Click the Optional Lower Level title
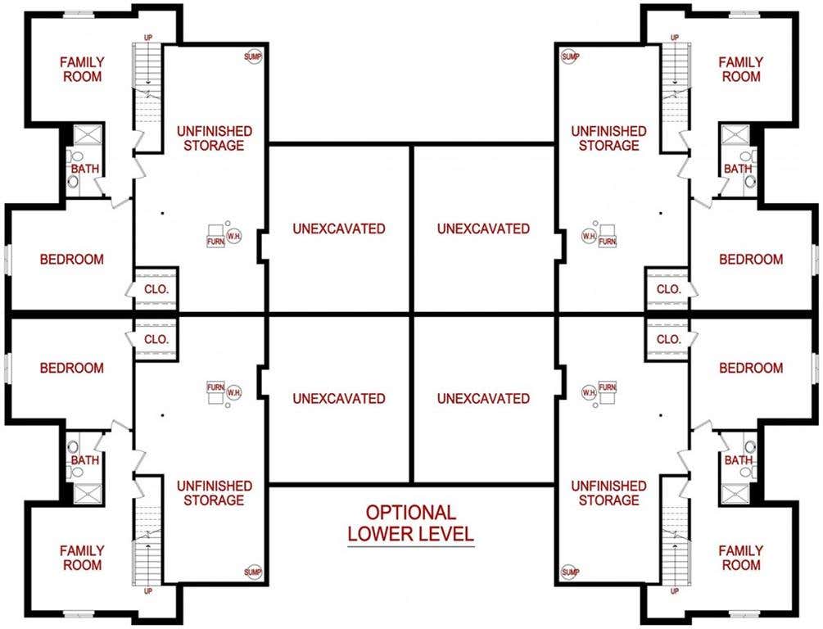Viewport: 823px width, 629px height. coord(411,523)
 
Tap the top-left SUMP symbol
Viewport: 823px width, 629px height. coord(253,57)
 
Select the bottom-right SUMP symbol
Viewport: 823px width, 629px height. coord(570,572)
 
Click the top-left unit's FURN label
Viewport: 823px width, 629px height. coord(215,242)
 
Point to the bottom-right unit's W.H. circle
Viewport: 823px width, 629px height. coord(589,392)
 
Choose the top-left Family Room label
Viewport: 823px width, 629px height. coord(82,70)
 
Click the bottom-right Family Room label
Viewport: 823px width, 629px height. coord(740,558)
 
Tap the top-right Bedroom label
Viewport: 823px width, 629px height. coord(751,260)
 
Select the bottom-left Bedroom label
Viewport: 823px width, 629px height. coord(72,368)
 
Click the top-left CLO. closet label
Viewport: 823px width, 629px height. coord(156,289)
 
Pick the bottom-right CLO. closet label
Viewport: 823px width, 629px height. coord(669,340)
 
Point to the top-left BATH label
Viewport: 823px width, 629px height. coord(85,169)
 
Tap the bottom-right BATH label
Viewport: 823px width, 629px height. coord(739,460)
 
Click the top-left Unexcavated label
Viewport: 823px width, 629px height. coord(339,229)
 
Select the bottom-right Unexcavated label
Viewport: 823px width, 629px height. coord(483,399)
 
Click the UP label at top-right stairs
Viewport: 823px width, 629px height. coord(675,38)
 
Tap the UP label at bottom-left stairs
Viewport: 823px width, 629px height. coord(148,591)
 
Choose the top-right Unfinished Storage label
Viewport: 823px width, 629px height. coord(608,138)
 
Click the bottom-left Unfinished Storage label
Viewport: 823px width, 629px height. coord(215,493)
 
